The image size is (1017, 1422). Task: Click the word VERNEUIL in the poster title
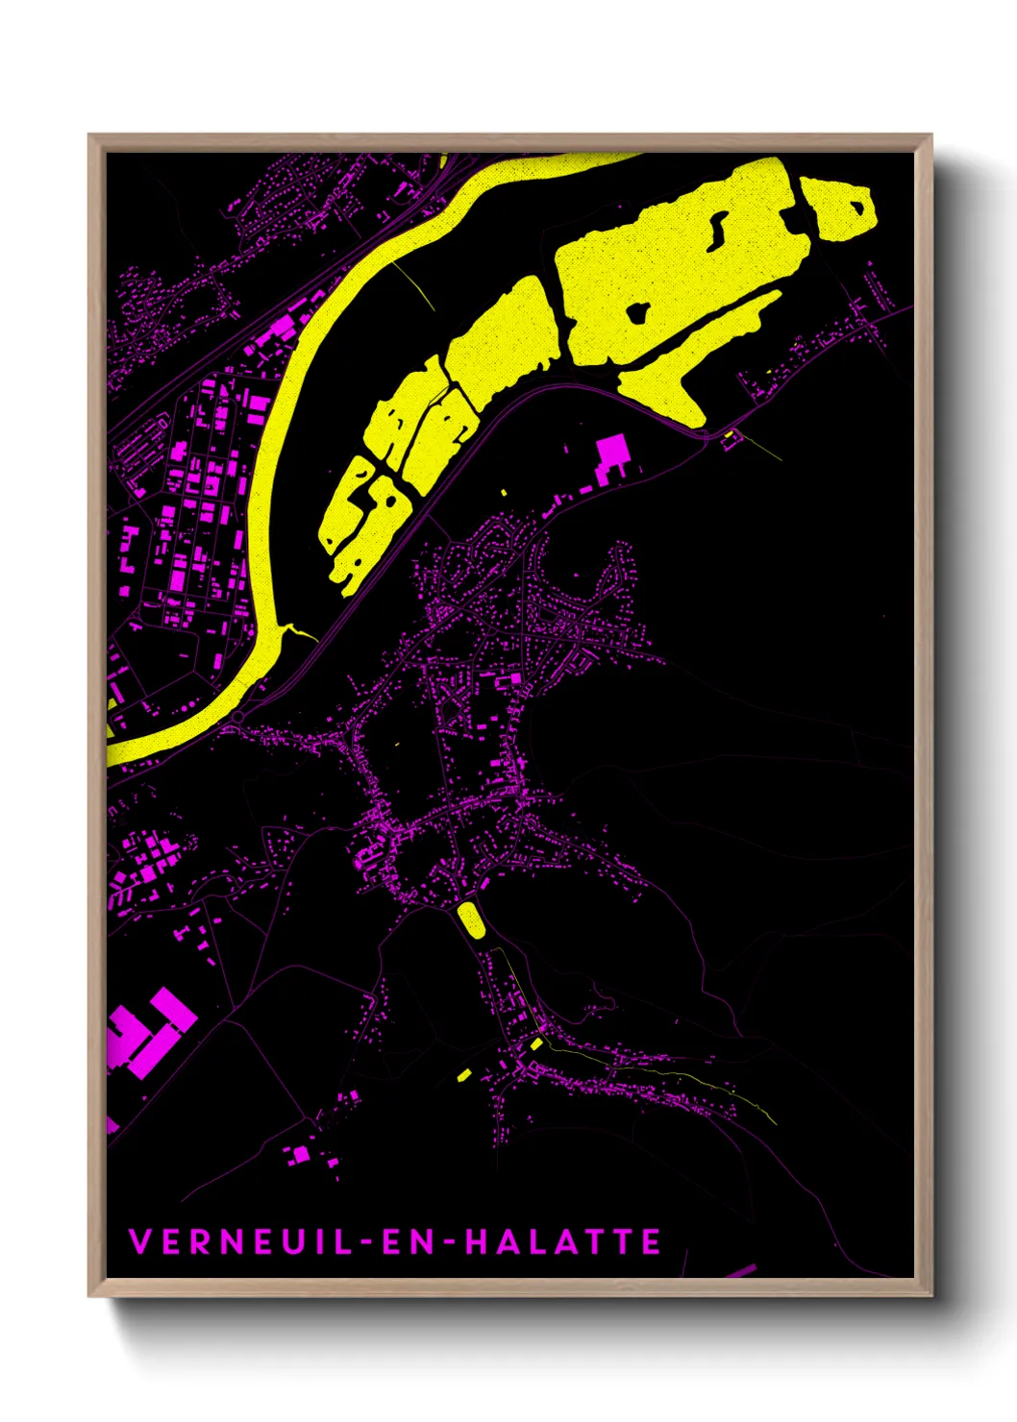(240, 1241)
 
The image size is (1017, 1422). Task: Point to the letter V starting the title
(139, 1241)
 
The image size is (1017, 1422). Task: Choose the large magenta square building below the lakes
(611, 450)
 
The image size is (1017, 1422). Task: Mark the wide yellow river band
(288, 404)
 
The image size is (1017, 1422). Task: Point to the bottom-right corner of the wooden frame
(930, 1294)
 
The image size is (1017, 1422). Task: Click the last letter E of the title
(652, 1241)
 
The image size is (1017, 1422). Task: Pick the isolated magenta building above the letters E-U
(301, 1153)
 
